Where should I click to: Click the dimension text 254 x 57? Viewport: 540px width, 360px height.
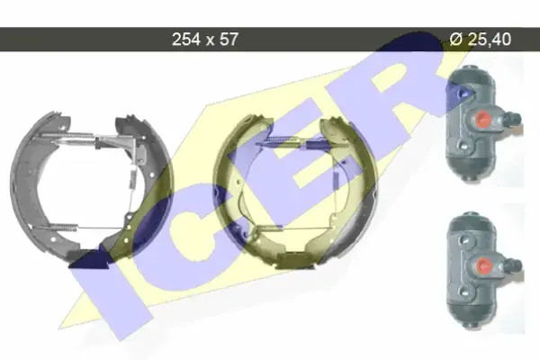(205, 40)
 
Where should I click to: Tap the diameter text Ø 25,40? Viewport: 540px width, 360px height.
(481, 40)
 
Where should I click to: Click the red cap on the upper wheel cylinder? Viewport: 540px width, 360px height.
(482, 119)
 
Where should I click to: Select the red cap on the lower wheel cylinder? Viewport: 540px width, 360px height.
(484, 265)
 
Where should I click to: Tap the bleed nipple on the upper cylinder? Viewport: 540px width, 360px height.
(512, 119)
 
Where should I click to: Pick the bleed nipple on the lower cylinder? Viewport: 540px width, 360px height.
(513, 265)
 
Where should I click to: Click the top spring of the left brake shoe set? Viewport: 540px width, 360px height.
(67, 135)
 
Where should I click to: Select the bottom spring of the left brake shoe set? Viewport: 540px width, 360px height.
(64, 227)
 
